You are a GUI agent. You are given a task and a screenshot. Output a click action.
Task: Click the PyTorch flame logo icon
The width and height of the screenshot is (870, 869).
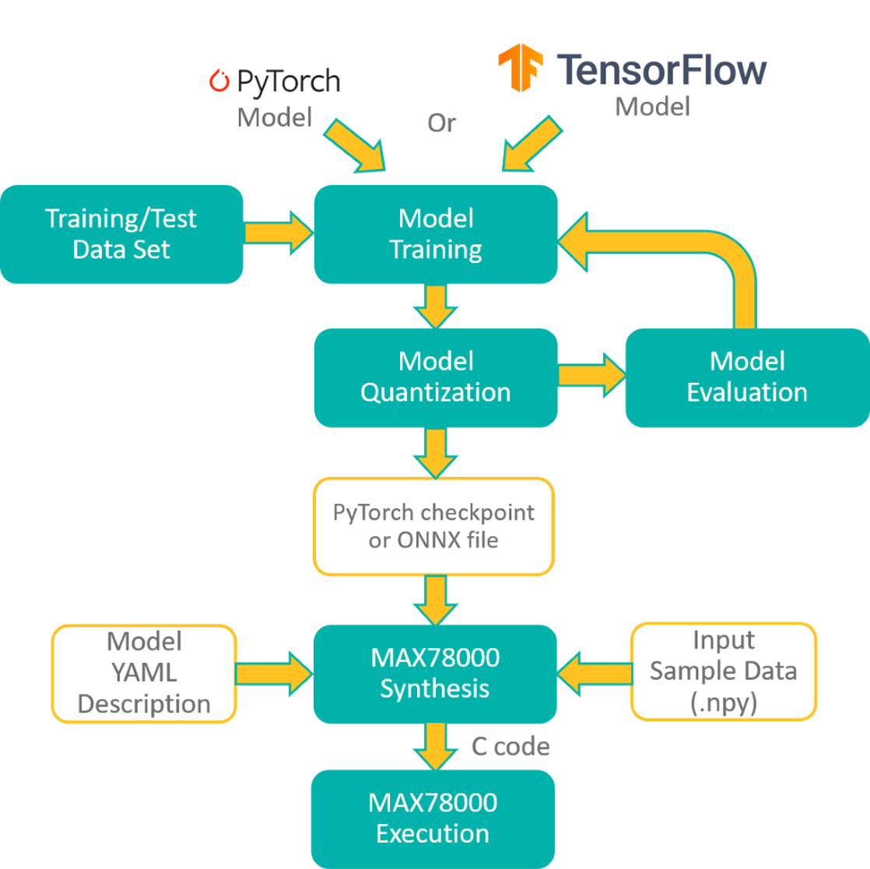220,81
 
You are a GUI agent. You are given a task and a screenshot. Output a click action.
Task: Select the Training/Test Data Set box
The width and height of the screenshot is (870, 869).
121,234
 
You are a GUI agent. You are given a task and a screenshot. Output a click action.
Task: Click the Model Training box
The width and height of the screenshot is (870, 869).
435,233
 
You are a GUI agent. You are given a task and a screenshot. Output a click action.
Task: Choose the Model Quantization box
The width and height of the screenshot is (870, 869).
435,377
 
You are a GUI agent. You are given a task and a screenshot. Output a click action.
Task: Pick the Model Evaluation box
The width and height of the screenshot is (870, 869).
746,377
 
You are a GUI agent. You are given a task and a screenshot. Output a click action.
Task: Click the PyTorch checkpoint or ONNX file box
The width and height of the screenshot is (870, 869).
433,526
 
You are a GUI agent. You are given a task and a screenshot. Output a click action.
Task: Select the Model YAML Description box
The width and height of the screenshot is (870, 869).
144,673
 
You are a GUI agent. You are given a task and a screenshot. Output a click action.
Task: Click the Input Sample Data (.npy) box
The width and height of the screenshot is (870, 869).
723,671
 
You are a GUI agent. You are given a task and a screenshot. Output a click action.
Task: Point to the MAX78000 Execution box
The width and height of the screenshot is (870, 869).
433,818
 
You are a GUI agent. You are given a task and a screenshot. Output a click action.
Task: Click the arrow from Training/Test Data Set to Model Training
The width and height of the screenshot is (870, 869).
277,233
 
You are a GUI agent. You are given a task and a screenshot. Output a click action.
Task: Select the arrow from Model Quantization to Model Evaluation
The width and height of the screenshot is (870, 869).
592,375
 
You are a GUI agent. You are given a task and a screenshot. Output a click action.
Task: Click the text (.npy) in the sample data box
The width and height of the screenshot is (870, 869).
723,701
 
